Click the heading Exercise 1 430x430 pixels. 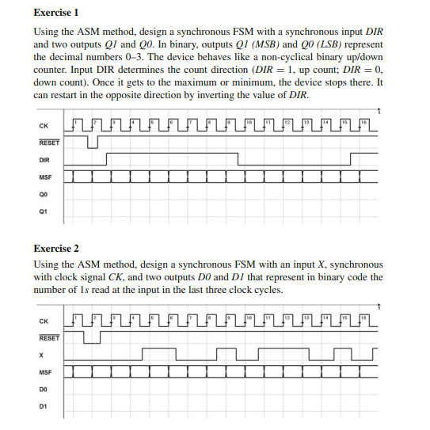point(56,13)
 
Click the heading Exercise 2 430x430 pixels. point(56,248)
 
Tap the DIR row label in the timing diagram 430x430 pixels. point(44,159)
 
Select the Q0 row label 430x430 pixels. point(43,194)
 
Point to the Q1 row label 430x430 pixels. point(43,211)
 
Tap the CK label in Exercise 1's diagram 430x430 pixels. point(43,124)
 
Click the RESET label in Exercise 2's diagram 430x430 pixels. point(48,337)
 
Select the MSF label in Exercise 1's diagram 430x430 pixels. point(44,177)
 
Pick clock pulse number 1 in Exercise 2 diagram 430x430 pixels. point(77,316)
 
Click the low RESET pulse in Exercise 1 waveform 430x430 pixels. point(94,143)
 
